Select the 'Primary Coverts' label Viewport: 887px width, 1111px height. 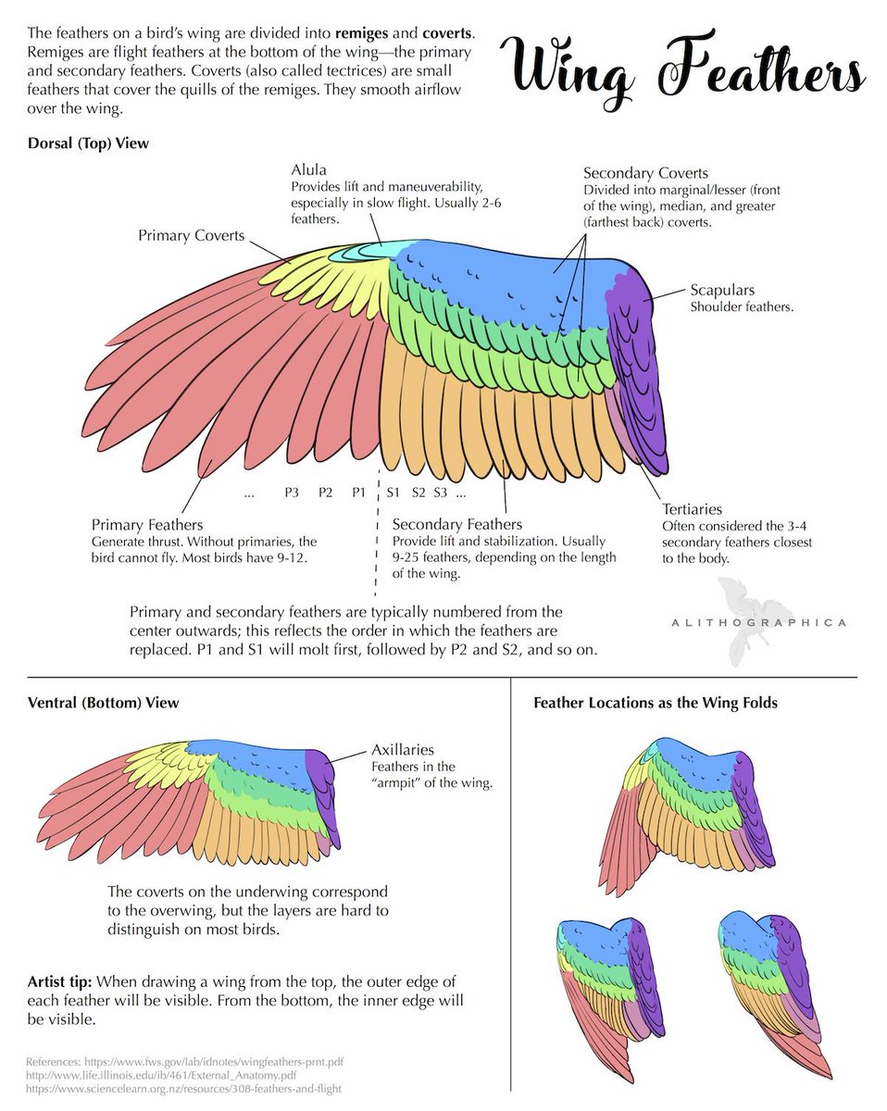[192, 235]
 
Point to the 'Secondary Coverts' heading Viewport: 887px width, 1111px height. [645, 173]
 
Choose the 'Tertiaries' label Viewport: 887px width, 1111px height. [692, 509]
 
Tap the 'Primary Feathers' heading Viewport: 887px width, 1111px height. [147, 525]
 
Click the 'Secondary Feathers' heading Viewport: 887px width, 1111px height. [457, 525]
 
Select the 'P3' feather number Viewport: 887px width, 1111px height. [292, 493]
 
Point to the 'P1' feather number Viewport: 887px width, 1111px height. [359, 493]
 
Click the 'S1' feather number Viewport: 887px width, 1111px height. [393, 493]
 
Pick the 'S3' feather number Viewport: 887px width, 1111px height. [440, 493]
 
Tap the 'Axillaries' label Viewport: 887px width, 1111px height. [403, 750]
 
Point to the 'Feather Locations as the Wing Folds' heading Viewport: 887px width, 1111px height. [656, 703]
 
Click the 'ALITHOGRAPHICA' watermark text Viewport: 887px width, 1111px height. [757, 622]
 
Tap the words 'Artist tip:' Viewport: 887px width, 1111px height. [59, 980]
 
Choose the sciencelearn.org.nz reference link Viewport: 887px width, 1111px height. [183, 1089]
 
